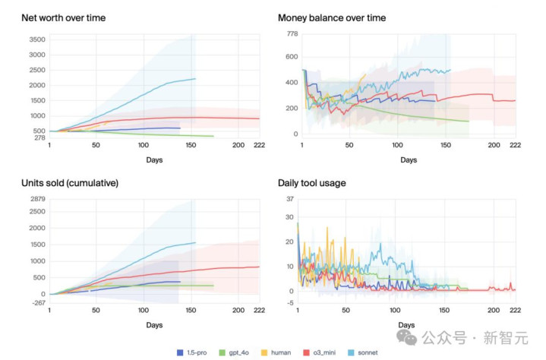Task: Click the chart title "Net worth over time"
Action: tap(65, 17)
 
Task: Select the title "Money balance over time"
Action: tap(332, 17)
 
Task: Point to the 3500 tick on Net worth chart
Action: tap(36, 39)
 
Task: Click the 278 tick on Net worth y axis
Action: tap(38, 137)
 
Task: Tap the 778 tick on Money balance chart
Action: tap(289, 33)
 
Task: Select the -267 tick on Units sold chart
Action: tap(37, 304)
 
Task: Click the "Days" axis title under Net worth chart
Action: tap(155, 160)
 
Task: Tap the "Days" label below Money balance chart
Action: tap(409, 160)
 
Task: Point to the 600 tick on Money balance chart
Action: tap(289, 57)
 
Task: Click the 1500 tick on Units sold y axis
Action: tap(36, 245)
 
